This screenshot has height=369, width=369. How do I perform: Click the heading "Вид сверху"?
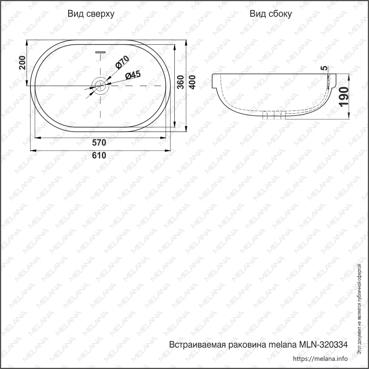tap(91, 14)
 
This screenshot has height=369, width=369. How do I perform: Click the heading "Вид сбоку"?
tap(271, 14)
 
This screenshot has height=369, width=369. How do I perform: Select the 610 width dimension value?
tap(99, 155)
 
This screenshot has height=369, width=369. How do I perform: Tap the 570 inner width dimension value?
tap(99, 142)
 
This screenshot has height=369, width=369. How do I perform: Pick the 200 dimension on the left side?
tap(22, 62)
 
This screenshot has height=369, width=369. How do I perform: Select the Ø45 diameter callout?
tap(133, 75)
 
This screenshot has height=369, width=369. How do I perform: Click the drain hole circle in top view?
tap(100, 85)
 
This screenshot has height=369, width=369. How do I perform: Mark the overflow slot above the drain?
tap(100, 51)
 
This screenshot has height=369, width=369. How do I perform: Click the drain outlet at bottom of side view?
tap(274, 115)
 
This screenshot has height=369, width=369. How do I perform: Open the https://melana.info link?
tap(320, 358)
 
